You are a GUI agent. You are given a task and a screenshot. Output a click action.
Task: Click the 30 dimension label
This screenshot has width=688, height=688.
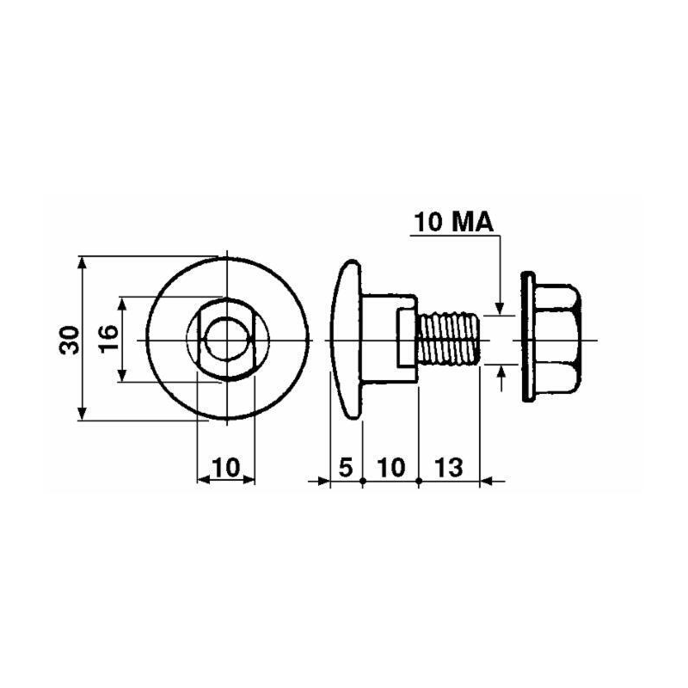pyautogui.click(x=69, y=340)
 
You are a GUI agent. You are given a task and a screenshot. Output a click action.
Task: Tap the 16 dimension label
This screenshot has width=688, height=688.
pyautogui.click(x=108, y=338)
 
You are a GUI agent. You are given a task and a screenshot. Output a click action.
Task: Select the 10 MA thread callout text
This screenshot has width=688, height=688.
pyautogui.click(x=454, y=222)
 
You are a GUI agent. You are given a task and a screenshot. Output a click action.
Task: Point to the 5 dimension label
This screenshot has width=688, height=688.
pyautogui.click(x=346, y=467)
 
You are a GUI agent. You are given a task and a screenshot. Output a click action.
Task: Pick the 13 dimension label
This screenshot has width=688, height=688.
pyautogui.click(x=449, y=467)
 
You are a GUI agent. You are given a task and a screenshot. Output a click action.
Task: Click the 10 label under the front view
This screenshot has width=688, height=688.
pyautogui.click(x=226, y=467)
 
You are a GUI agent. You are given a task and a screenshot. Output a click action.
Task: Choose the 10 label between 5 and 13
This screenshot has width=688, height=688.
pyautogui.click(x=391, y=467)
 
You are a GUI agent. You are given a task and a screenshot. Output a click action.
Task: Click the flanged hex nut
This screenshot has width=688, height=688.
pyautogui.click(x=551, y=337)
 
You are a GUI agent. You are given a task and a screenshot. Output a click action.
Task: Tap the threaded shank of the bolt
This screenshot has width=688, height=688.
pyautogui.click(x=448, y=338)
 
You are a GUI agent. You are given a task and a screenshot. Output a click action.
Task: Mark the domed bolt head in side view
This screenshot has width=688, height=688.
pyautogui.click(x=347, y=340)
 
